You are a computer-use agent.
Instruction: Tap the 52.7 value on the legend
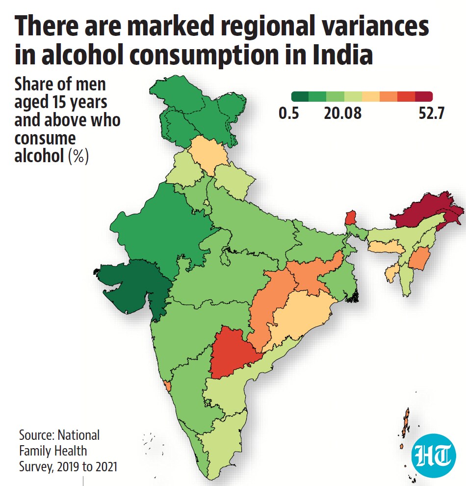[431, 113]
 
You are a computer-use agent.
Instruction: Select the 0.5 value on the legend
[288, 113]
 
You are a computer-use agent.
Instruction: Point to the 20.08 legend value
[342, 113]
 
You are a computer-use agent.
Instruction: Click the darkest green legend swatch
[300, 96]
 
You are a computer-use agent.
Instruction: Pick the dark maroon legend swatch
[424, 96]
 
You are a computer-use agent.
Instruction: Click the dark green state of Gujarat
[133, 286]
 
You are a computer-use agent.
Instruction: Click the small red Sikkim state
[351, 218]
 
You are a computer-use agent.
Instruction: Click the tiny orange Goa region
[167, 386]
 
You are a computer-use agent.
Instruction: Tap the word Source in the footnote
[38, 435]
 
